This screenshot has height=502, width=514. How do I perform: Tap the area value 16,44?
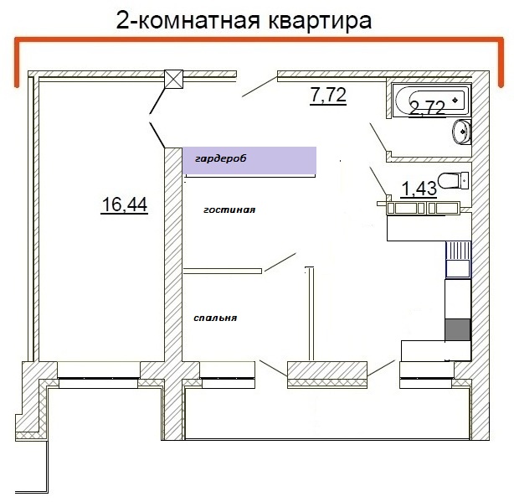[124, 204]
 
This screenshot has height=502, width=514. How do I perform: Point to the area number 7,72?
[328, 95]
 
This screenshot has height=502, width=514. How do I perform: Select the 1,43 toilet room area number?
[419, 189]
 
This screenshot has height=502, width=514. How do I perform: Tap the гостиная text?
[229, 211]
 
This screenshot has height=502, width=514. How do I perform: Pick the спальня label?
[215, 318]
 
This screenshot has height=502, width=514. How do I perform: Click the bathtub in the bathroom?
[427, 101]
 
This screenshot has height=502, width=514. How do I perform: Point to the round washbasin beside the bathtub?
[460, 132]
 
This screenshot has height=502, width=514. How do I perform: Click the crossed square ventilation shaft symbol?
[174, 79]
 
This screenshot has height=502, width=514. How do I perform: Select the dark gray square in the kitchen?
[458, 329]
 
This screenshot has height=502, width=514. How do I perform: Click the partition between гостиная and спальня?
[223, 270]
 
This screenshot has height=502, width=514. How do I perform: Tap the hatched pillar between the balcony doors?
[327, 374]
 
